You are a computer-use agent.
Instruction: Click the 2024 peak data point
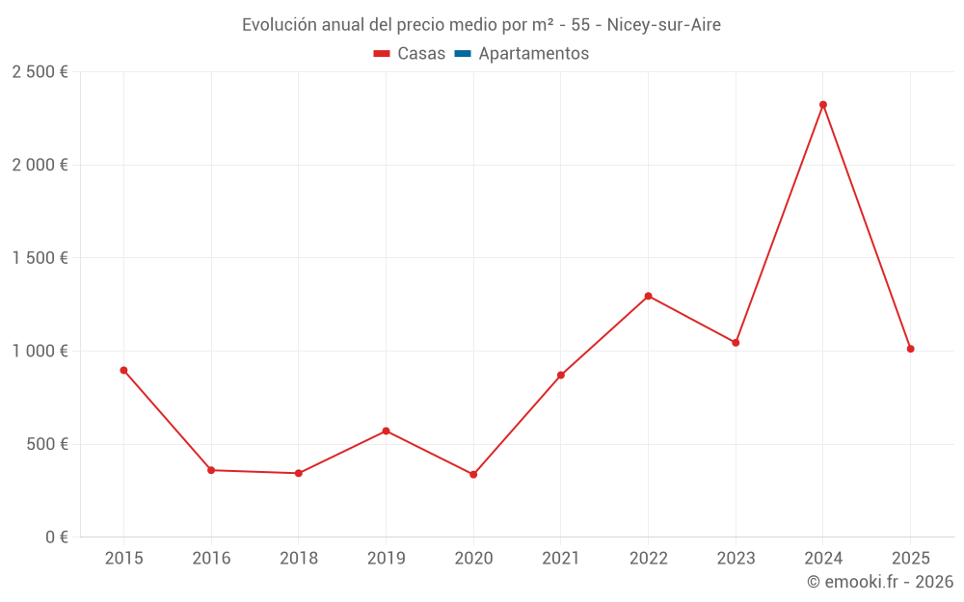coord(823,105)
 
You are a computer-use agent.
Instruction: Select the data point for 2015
coord(123,370)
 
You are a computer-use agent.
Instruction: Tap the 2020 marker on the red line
coord(473,475)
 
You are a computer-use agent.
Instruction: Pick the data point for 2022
coord(648,296)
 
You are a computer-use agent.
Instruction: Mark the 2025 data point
coord(910,349)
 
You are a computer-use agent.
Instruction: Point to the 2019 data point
coord(386,431)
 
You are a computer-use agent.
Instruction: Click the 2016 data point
coord(211,470)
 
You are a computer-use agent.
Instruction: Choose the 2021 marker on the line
coord(560,375)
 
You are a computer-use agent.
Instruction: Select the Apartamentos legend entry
coord(533,54)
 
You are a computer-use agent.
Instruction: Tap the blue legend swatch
coord(463,54)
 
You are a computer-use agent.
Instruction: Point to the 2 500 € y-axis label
coord(40,72)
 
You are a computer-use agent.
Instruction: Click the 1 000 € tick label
coord(40,352)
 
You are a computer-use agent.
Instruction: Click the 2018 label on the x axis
coord(298,559)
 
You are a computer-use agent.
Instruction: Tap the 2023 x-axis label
coord(736,559)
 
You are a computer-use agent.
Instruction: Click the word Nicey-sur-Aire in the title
coord(663,25)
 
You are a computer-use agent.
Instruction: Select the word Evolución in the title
coord(279,25)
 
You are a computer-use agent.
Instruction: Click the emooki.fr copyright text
coord(880,582)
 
